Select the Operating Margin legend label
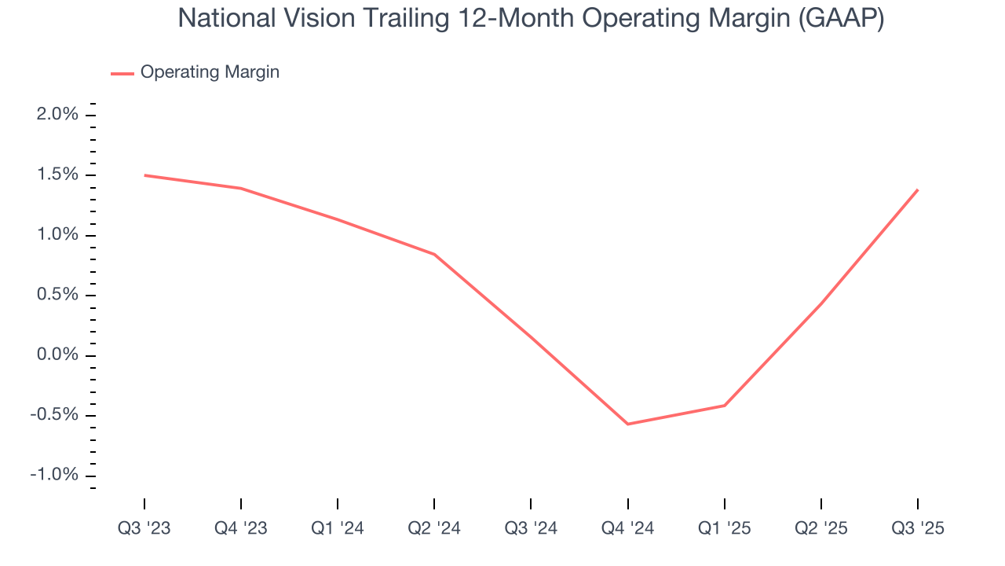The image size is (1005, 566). tap(210, 72)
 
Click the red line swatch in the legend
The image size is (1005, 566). tap(122, 73)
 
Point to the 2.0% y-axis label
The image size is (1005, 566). tap(57, 115)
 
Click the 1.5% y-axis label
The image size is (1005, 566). tap(57, 175)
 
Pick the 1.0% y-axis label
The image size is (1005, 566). tap(57, 235)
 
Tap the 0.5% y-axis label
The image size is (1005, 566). tap(57, 295)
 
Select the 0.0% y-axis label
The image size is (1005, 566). tap(57, 355)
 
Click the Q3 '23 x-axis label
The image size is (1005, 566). tap(144, 528)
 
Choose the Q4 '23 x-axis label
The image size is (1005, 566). tap(241, 528)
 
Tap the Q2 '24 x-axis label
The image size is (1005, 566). tap(434, 528)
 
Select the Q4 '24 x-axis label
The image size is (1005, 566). tap(627, 528)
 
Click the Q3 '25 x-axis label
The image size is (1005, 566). tap(918, 528)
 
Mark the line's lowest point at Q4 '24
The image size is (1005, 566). tap(627, 424)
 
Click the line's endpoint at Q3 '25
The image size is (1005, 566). tap(918, 189)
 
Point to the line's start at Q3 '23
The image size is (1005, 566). tap(144, 175)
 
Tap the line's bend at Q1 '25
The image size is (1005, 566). tap(724, 406)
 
